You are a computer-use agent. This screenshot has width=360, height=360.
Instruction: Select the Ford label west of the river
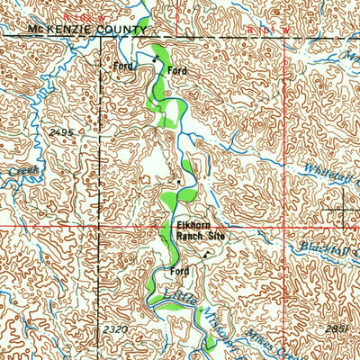click(121, 66)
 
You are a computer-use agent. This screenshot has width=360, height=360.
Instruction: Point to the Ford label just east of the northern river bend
click(177, 70)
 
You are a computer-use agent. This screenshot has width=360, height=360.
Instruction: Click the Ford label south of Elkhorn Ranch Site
click(178, 271)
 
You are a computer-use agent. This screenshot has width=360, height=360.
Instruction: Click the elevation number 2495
click(61, 131)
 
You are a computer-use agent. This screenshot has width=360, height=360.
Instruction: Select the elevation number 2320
click(114, 330)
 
